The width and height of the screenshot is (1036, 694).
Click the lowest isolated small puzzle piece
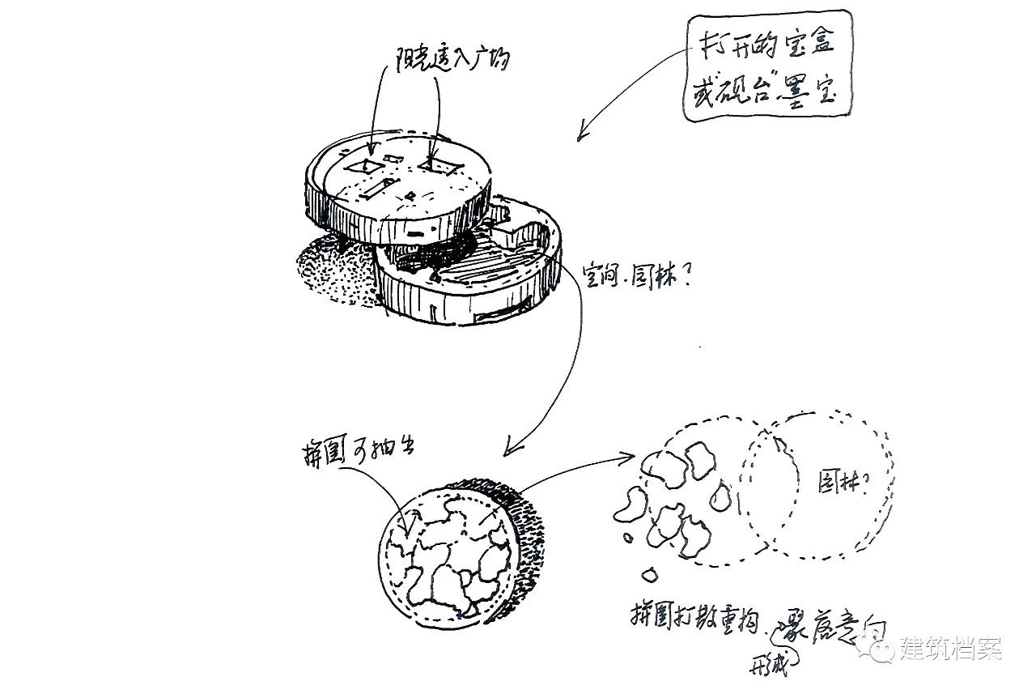pos(648,575)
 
